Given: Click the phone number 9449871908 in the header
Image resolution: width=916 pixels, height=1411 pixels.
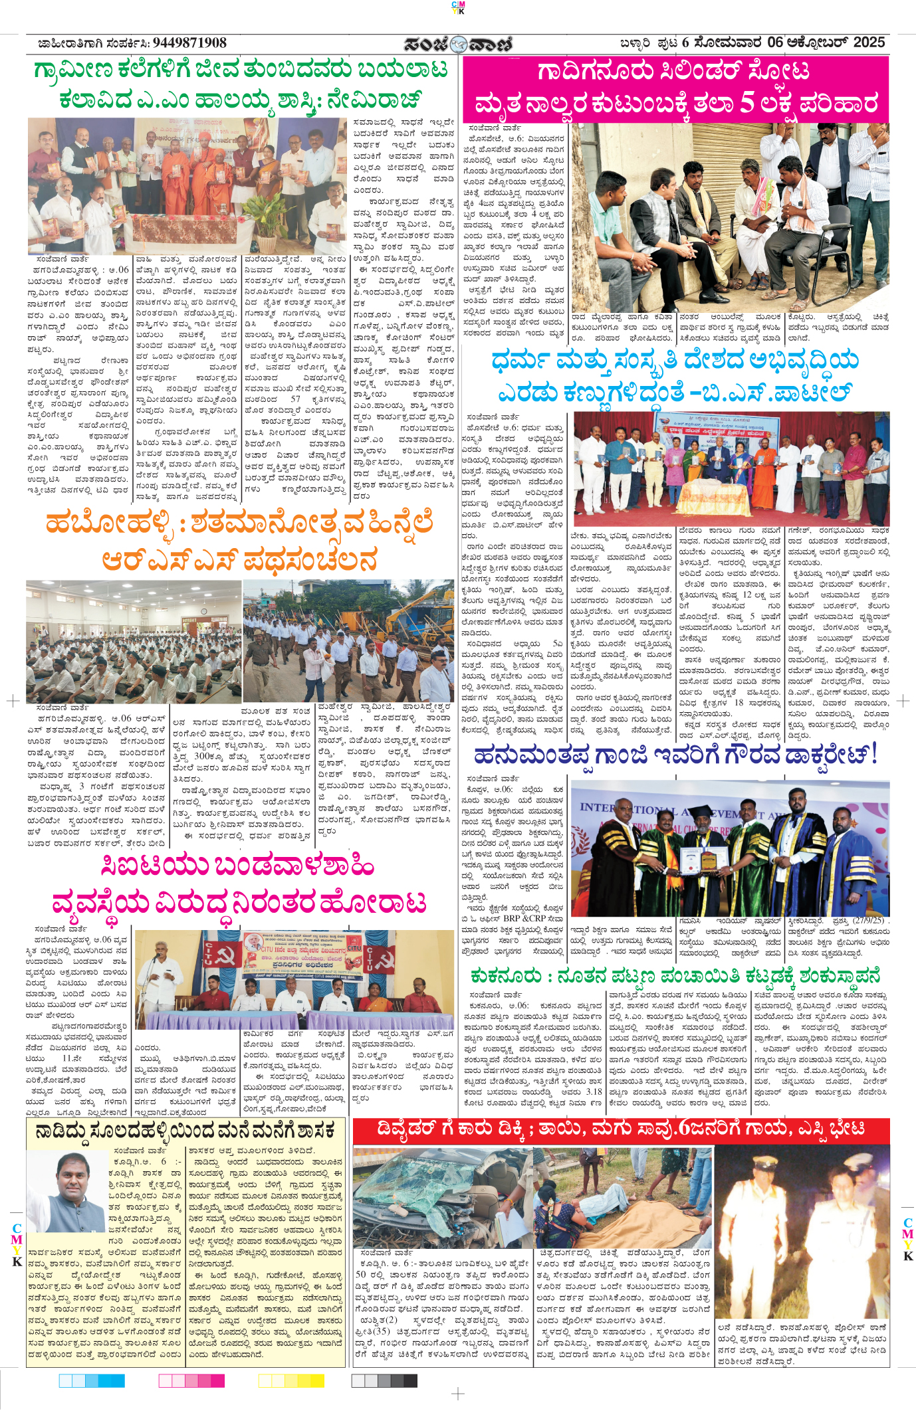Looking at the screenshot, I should (x=189, y=43).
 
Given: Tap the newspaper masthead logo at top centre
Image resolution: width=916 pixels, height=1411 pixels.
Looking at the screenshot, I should (x=458, y=44).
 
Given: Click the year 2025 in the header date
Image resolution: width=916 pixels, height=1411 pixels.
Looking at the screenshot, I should (x=868, y=43).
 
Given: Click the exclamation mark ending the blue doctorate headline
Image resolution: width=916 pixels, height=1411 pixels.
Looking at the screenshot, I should (x=874, y=755).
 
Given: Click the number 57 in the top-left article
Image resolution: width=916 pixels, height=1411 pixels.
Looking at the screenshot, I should (x=295, y=399).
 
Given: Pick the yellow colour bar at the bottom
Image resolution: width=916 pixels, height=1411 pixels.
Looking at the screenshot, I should (x=290, y=1380).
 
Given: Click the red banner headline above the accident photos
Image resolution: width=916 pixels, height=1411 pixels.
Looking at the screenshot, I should (x=621, y=1129).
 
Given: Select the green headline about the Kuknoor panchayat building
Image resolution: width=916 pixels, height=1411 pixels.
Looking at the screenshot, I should (x=675, y=977).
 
